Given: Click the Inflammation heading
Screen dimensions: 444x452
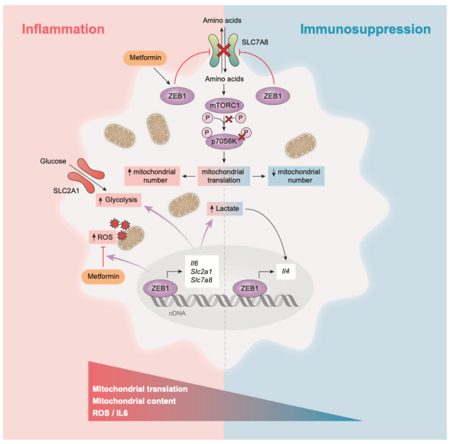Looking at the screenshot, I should click(x=63, y=29).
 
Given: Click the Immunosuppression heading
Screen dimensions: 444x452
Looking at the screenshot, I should click(x=366, y=29).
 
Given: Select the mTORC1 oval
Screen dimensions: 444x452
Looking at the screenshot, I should click(x=226, y=106).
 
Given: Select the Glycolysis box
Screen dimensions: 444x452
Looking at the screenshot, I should click(x=118, y=200).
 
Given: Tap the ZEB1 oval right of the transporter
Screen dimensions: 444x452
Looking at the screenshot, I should click(x=273, y=96).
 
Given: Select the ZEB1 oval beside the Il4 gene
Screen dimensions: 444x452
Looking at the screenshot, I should click(x=254, y=289).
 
